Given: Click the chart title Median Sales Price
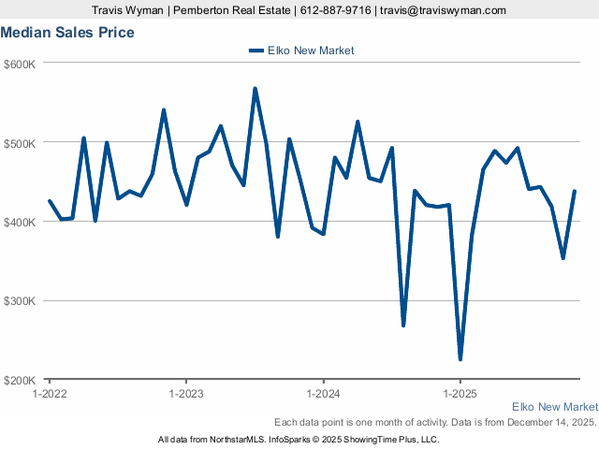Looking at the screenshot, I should [x=67, y=33].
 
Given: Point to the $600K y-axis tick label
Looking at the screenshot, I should [x=20, y=64].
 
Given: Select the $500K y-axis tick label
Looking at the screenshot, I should [x=20, y=143].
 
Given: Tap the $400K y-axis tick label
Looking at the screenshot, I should [x=20, y=222].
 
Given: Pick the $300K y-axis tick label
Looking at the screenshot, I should [x=20, y=301].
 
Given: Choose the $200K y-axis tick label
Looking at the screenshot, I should [x=20, y=380].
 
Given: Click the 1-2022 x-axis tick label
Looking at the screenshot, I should [x=50, y=394].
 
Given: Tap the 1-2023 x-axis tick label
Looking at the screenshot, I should [x=186, y=394].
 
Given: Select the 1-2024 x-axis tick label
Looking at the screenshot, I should [x=323, y=394].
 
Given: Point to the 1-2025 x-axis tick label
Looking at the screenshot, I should [x=460, y=394].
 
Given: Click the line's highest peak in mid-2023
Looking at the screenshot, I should [x=255, y=89].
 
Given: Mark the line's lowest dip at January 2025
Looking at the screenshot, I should [x=460, y=359].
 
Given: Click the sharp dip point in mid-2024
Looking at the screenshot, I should [x=403, y=325].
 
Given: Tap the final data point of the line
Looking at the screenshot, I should [x=575, y=191].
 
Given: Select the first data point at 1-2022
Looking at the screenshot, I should [x=50, y=201].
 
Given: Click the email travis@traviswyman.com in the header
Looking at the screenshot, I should [x=443, y=10].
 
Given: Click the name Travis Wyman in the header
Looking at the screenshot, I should [x=128, y=10].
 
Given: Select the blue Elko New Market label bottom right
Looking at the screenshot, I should [x=555, y=407].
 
